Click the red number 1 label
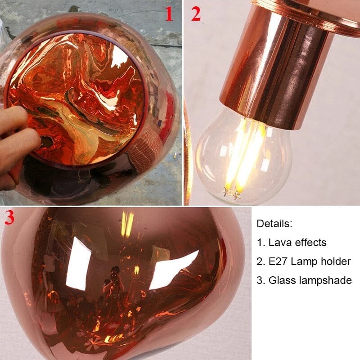[x=168, y=14]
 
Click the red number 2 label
[x=195, y=14]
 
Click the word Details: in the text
[x=274, y=224]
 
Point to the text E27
[x=279, y=261]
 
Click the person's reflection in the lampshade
[x=112, y=288]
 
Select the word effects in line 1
[x=310, y=243]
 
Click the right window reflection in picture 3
[x=173, y=270]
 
